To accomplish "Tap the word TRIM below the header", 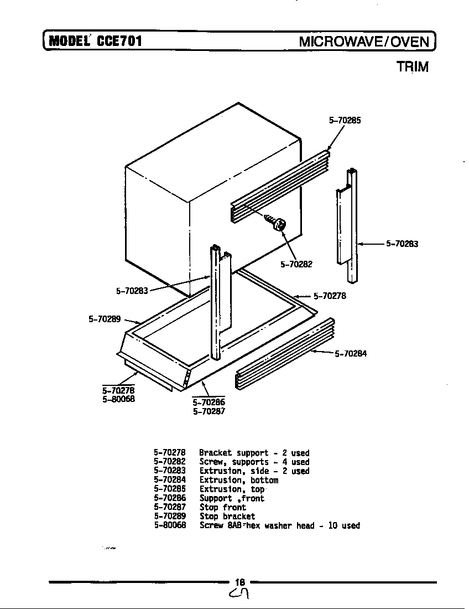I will coord(412,67).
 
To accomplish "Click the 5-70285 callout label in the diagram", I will coord(345,120).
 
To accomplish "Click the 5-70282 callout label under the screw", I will coord(296,264).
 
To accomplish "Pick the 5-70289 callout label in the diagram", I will coord(105,319).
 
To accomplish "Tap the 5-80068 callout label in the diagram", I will coord(118,398).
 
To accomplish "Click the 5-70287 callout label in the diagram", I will coord(209,411).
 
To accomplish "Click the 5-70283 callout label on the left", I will coord(132,290).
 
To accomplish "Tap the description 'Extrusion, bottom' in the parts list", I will coord(238,480).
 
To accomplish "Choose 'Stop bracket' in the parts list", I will coord(227,516).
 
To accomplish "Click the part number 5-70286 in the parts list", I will coord(169,498).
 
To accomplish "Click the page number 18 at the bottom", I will coord(239,582).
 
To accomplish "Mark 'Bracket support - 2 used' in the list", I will coord(254,453).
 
